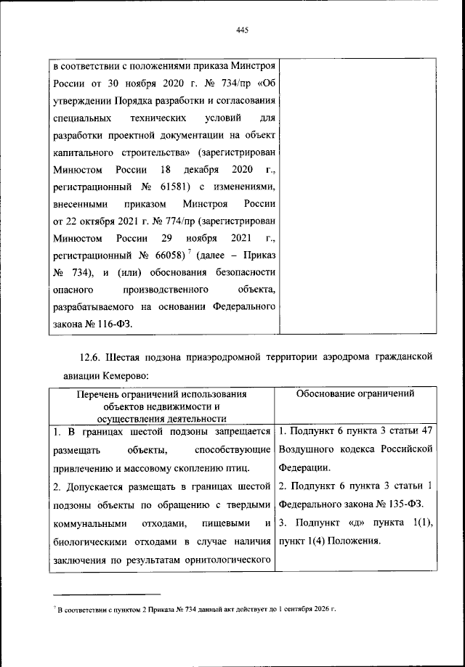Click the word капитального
84,153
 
